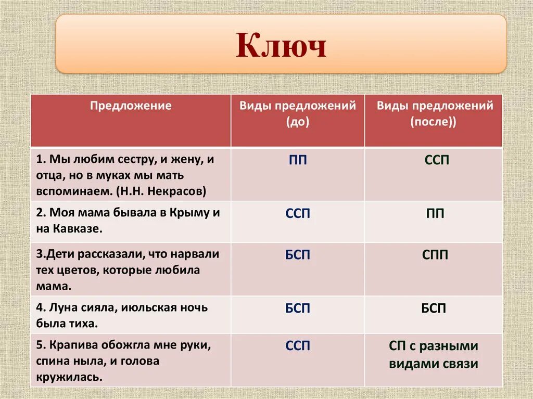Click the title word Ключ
pyautogui.click(x=281, y=46)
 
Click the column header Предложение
pyautogui.click(x=131, y=106)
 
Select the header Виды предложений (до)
pyautogui.click(x=298, y=113)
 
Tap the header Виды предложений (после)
pyautogui.click(x=435, y=113)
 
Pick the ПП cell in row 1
pyautogui.click(x=298, y=160)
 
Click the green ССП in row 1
pyautogui.click(x=436, y=160)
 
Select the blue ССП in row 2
pyautogui.click(x=298, y=213)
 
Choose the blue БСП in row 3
pyautogui.click(x=298, y=255)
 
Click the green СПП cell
pyautogui.click(x=436, y=255)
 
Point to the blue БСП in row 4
pyautogui.click(x=298, y=308)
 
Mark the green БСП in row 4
pyautogui.click(x=434, y=308)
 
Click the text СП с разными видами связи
pyautogui.click(x=433, y=355)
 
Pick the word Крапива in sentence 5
pyautogui.click(x=71, y=345)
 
